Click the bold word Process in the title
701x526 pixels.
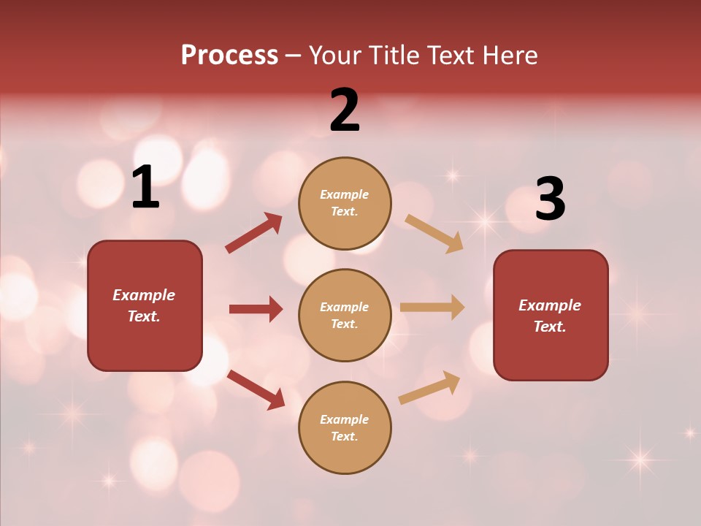pyautogui.click(x=229, y=55)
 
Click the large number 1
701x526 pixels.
pyautogui.click(x=145, y=188)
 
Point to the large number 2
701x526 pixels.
pyautogui.click(x=345, y=110)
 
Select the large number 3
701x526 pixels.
pyautogui.click(x=550, y=199)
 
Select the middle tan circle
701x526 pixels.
pyautogui.click(x=345, y=343)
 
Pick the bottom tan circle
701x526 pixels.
pyautogui.click(x=345, y=456)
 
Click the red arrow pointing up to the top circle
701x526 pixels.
pyautogui.click(x=254, y=233)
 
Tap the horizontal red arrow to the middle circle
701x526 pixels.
pyautogui.click(x=256, y=309)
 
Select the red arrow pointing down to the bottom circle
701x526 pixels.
pyautogui.click(x=256, y=389)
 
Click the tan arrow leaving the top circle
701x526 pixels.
pyautogui.click(x=434, y=233)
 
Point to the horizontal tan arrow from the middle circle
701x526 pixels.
pyautogui.click(x=432, y=308)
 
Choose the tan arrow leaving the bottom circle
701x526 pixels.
pyautogui.click(x=429, y=387)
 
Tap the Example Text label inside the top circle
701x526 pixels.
pyautogui.click(x=345, y=203)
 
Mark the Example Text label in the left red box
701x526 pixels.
pyautogui.click(x=144, y=305)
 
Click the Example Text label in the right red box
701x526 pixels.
pyautogui.click(x=550, y=316)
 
